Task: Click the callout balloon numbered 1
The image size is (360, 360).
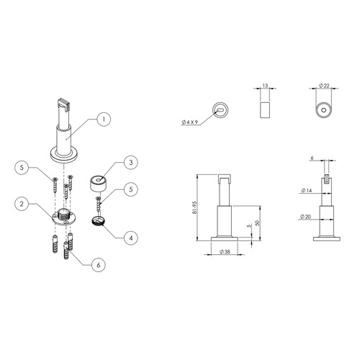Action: (x=104, y=120)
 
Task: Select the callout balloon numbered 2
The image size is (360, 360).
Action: (x=22, y=204)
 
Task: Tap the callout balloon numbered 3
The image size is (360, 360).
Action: (x=131, y=163)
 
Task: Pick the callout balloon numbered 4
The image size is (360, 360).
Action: (x=131, y=238)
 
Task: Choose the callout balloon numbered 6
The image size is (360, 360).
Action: (x=99, y=265)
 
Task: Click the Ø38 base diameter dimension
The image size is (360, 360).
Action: (x=225, y=251)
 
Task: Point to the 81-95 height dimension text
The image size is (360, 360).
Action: (x=194, y=207)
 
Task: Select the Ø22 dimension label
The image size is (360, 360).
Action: (x=324, y=86)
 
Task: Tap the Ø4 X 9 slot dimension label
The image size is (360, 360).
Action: (x=190, y=122)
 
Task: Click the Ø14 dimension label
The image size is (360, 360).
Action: (x=307, y=191)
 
